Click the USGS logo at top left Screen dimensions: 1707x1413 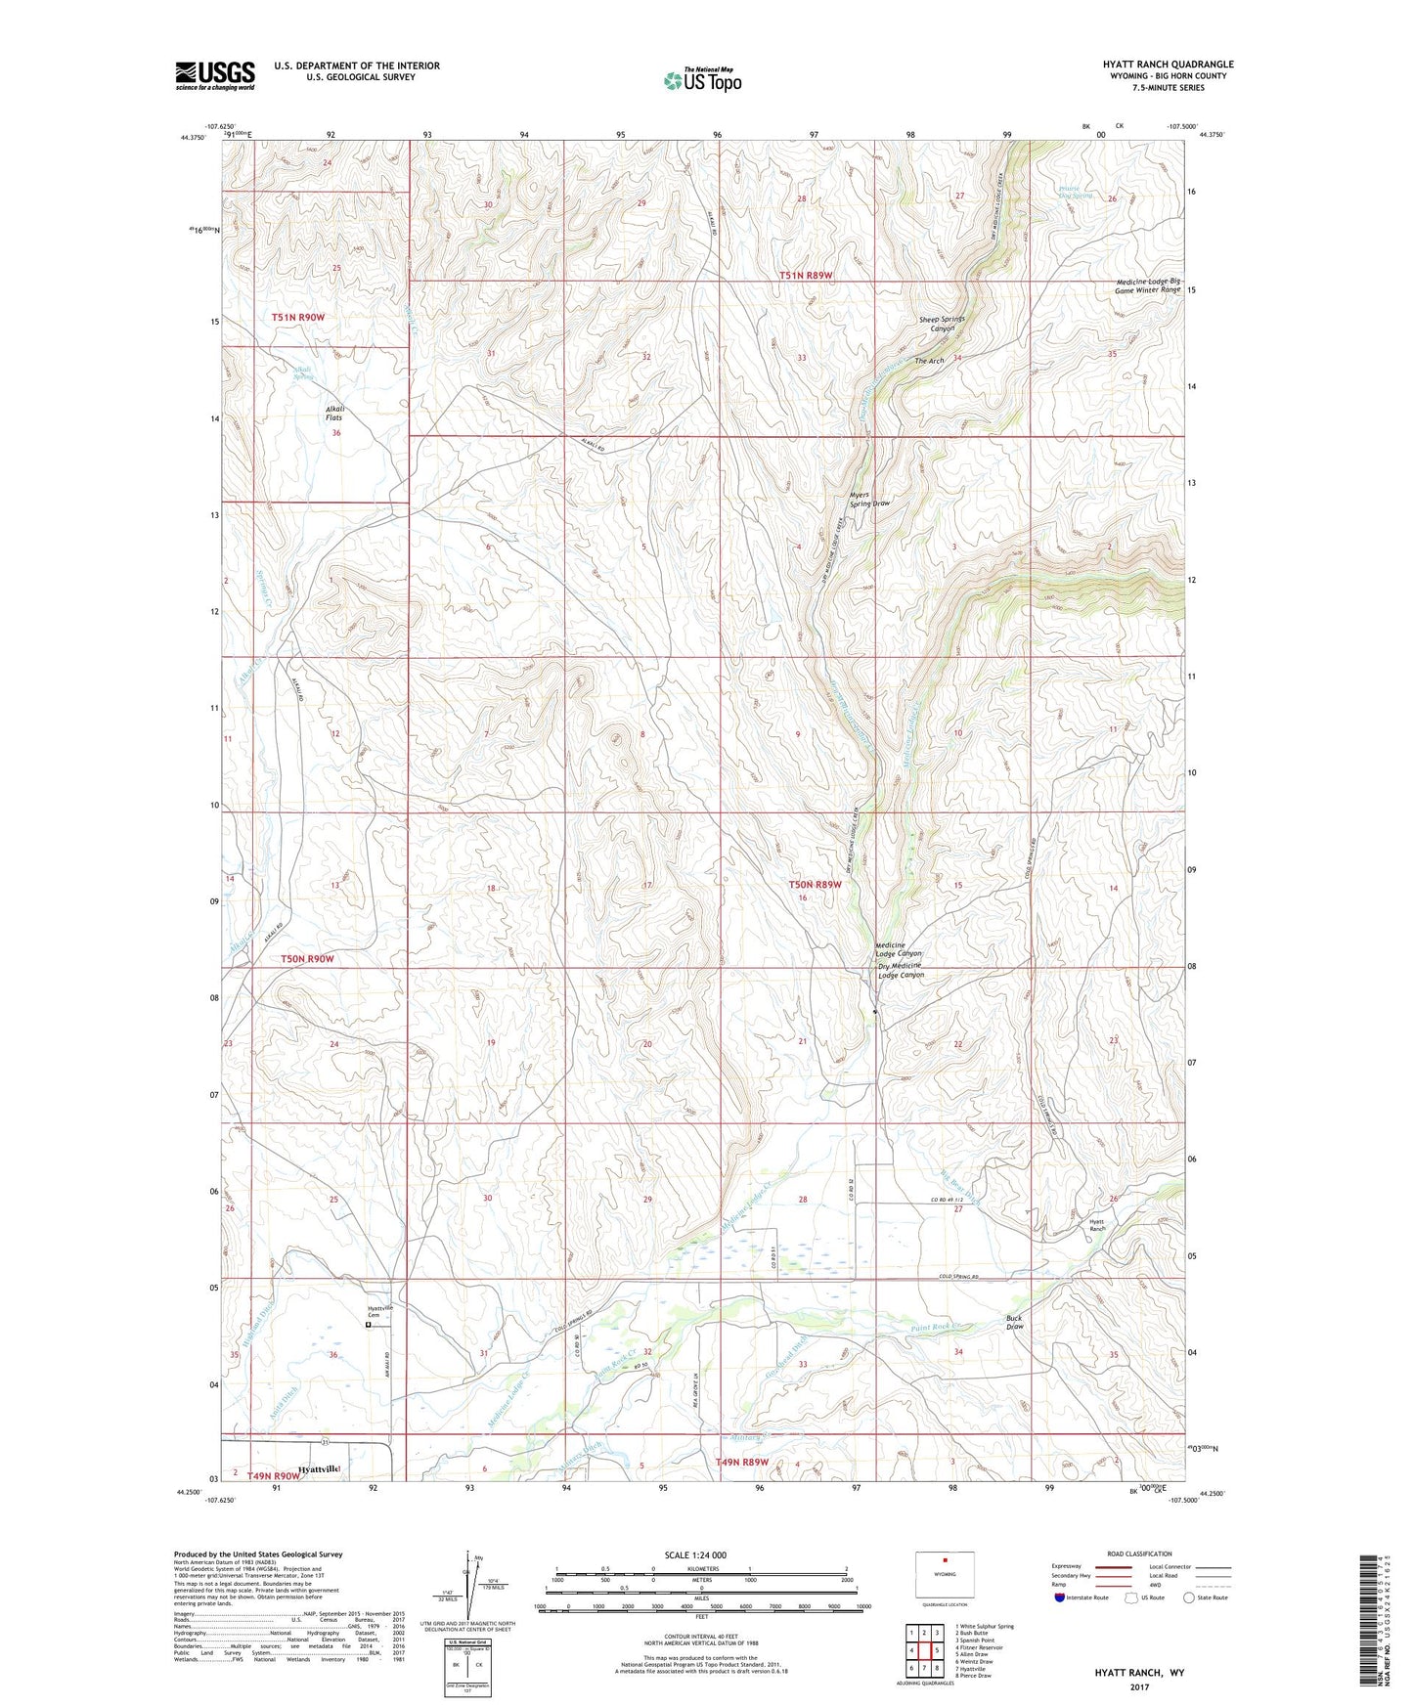click(215, 75)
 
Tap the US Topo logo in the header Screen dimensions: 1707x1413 click(702, 80)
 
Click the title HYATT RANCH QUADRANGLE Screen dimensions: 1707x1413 click(1154, 65)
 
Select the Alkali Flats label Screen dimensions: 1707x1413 click(335, 413)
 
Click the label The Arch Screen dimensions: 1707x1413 click(929, 361)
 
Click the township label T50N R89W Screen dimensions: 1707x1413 click(816, 885)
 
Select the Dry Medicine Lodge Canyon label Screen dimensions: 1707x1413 click(900, 970)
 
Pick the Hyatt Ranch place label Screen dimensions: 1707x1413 click(1097, 1225)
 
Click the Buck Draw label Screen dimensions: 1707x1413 click(1015, 1322)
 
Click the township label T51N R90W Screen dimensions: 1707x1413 click(298, 318)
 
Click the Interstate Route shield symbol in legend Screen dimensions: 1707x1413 click(1061, 1598)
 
